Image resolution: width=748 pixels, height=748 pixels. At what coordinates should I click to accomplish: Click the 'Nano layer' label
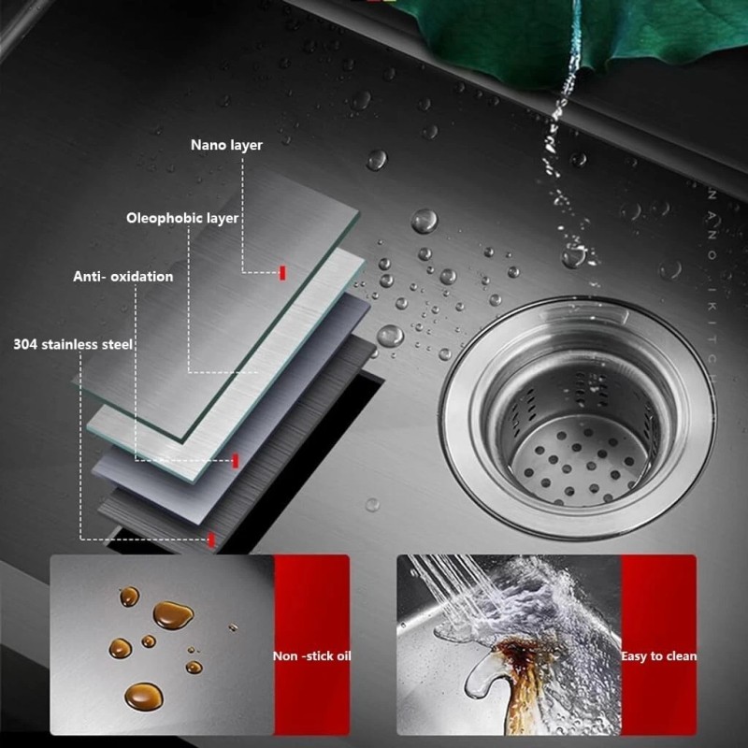tap(226, 145)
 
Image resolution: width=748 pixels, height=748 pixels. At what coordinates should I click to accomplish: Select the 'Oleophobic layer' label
tap(182, 218)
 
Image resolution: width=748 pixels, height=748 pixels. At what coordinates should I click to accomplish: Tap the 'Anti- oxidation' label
tap(122, 277)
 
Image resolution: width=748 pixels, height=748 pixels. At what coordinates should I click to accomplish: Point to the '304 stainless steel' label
tap(73, 344)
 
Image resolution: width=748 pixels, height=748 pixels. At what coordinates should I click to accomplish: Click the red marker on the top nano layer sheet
tap(282, 272)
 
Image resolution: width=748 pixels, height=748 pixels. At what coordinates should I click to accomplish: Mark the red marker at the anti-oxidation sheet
tap(236, 460)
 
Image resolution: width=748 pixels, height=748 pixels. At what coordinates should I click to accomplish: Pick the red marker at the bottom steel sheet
tap(212, 539)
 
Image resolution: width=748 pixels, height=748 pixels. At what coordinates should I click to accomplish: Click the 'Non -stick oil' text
tap(311, 655)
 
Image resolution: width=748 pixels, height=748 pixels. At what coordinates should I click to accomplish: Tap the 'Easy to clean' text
tap(658, 655)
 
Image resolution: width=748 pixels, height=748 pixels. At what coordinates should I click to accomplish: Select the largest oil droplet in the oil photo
tap(172, 614)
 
